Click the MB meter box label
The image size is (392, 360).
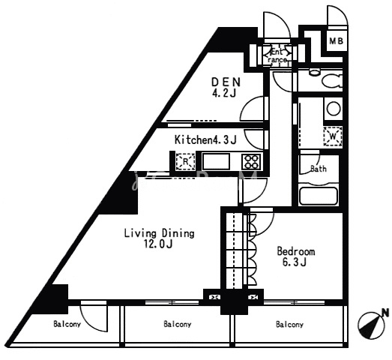tap(337, 40)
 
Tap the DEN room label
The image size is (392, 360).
tap(226, 82)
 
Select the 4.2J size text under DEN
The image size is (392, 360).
tap(224, 93)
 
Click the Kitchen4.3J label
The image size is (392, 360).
tap(205, 139)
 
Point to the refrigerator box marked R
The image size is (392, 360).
tap(185, 161)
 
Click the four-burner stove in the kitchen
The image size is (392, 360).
tap(251, 161)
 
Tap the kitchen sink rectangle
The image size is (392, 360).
tap(217, 161)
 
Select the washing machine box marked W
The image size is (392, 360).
tap(333, 136)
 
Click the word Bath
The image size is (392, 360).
tap(319, 169)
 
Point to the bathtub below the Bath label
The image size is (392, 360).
tap(319, 196)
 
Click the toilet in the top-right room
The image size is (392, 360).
tap(331, 80)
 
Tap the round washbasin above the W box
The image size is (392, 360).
tap(334, 109)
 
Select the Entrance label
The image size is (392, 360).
tap(277, 56)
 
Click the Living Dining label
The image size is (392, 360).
tap(159, 233)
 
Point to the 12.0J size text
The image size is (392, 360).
tap(158, 244)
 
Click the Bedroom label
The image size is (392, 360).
tap(296, 251)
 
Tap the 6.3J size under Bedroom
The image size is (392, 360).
tap(295, 262)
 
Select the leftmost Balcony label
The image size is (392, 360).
tap(67, 324)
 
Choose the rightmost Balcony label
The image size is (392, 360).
tap(289, 325)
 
